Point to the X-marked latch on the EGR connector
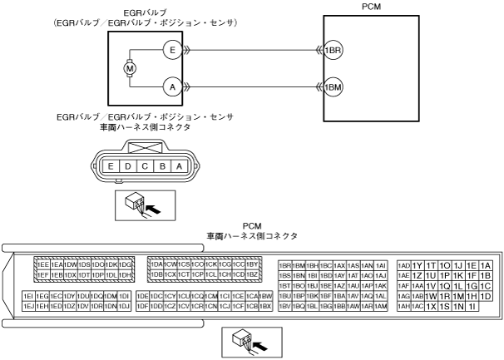click(142, 148)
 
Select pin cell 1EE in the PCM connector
click(42, 264)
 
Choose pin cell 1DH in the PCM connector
click(126, 275)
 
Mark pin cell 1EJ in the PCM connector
click(28, 307)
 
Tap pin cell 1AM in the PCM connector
click(381, 307)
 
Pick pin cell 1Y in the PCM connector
click(418, 264)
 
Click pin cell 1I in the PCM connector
click(472, 307)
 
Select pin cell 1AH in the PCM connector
click(404, 307)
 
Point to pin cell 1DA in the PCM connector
click(156, 264)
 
